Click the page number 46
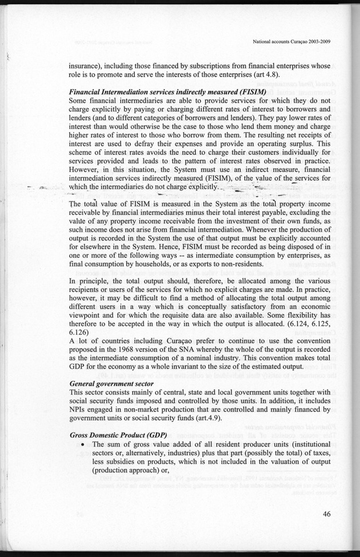[x=326, y=514]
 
